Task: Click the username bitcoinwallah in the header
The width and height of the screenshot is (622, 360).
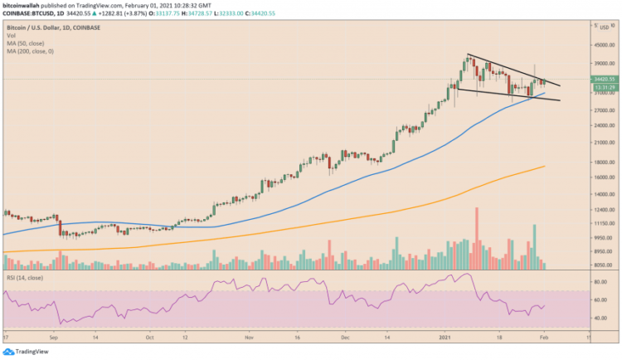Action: [x=26, y=5]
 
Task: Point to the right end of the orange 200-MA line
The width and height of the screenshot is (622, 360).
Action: [x=544, y=166]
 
